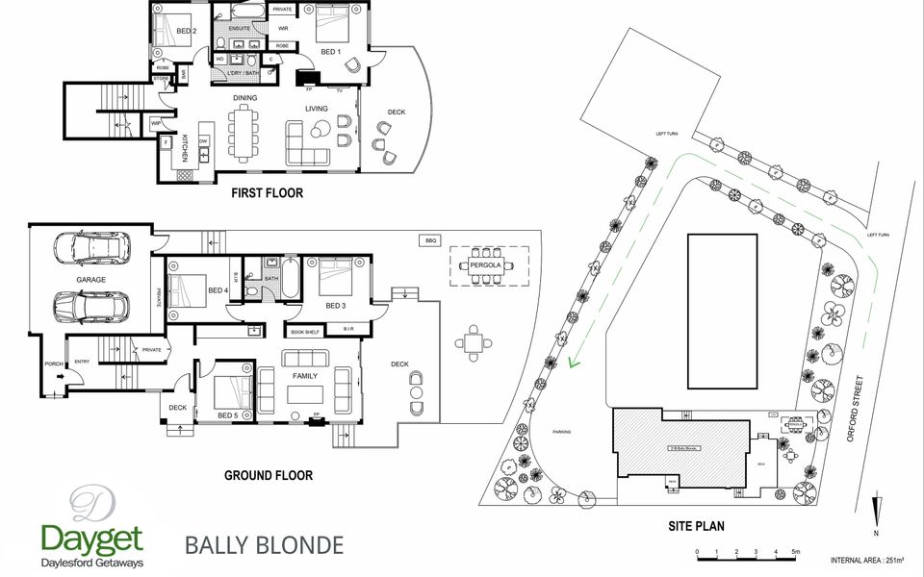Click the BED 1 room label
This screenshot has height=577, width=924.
[x=330, y=52]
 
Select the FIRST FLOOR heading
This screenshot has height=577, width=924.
[x=268, y=193]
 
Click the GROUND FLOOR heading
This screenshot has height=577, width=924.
[x=269, y=475]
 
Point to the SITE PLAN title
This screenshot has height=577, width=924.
[x=696, y=526]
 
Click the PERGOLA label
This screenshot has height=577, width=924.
[x=488, y=263]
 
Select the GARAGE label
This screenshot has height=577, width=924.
[x=91, y=280]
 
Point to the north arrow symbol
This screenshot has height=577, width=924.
[x=875, y=510]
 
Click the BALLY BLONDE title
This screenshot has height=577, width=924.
[x=263, y=546]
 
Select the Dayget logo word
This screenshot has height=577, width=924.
[x=91, y=537]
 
